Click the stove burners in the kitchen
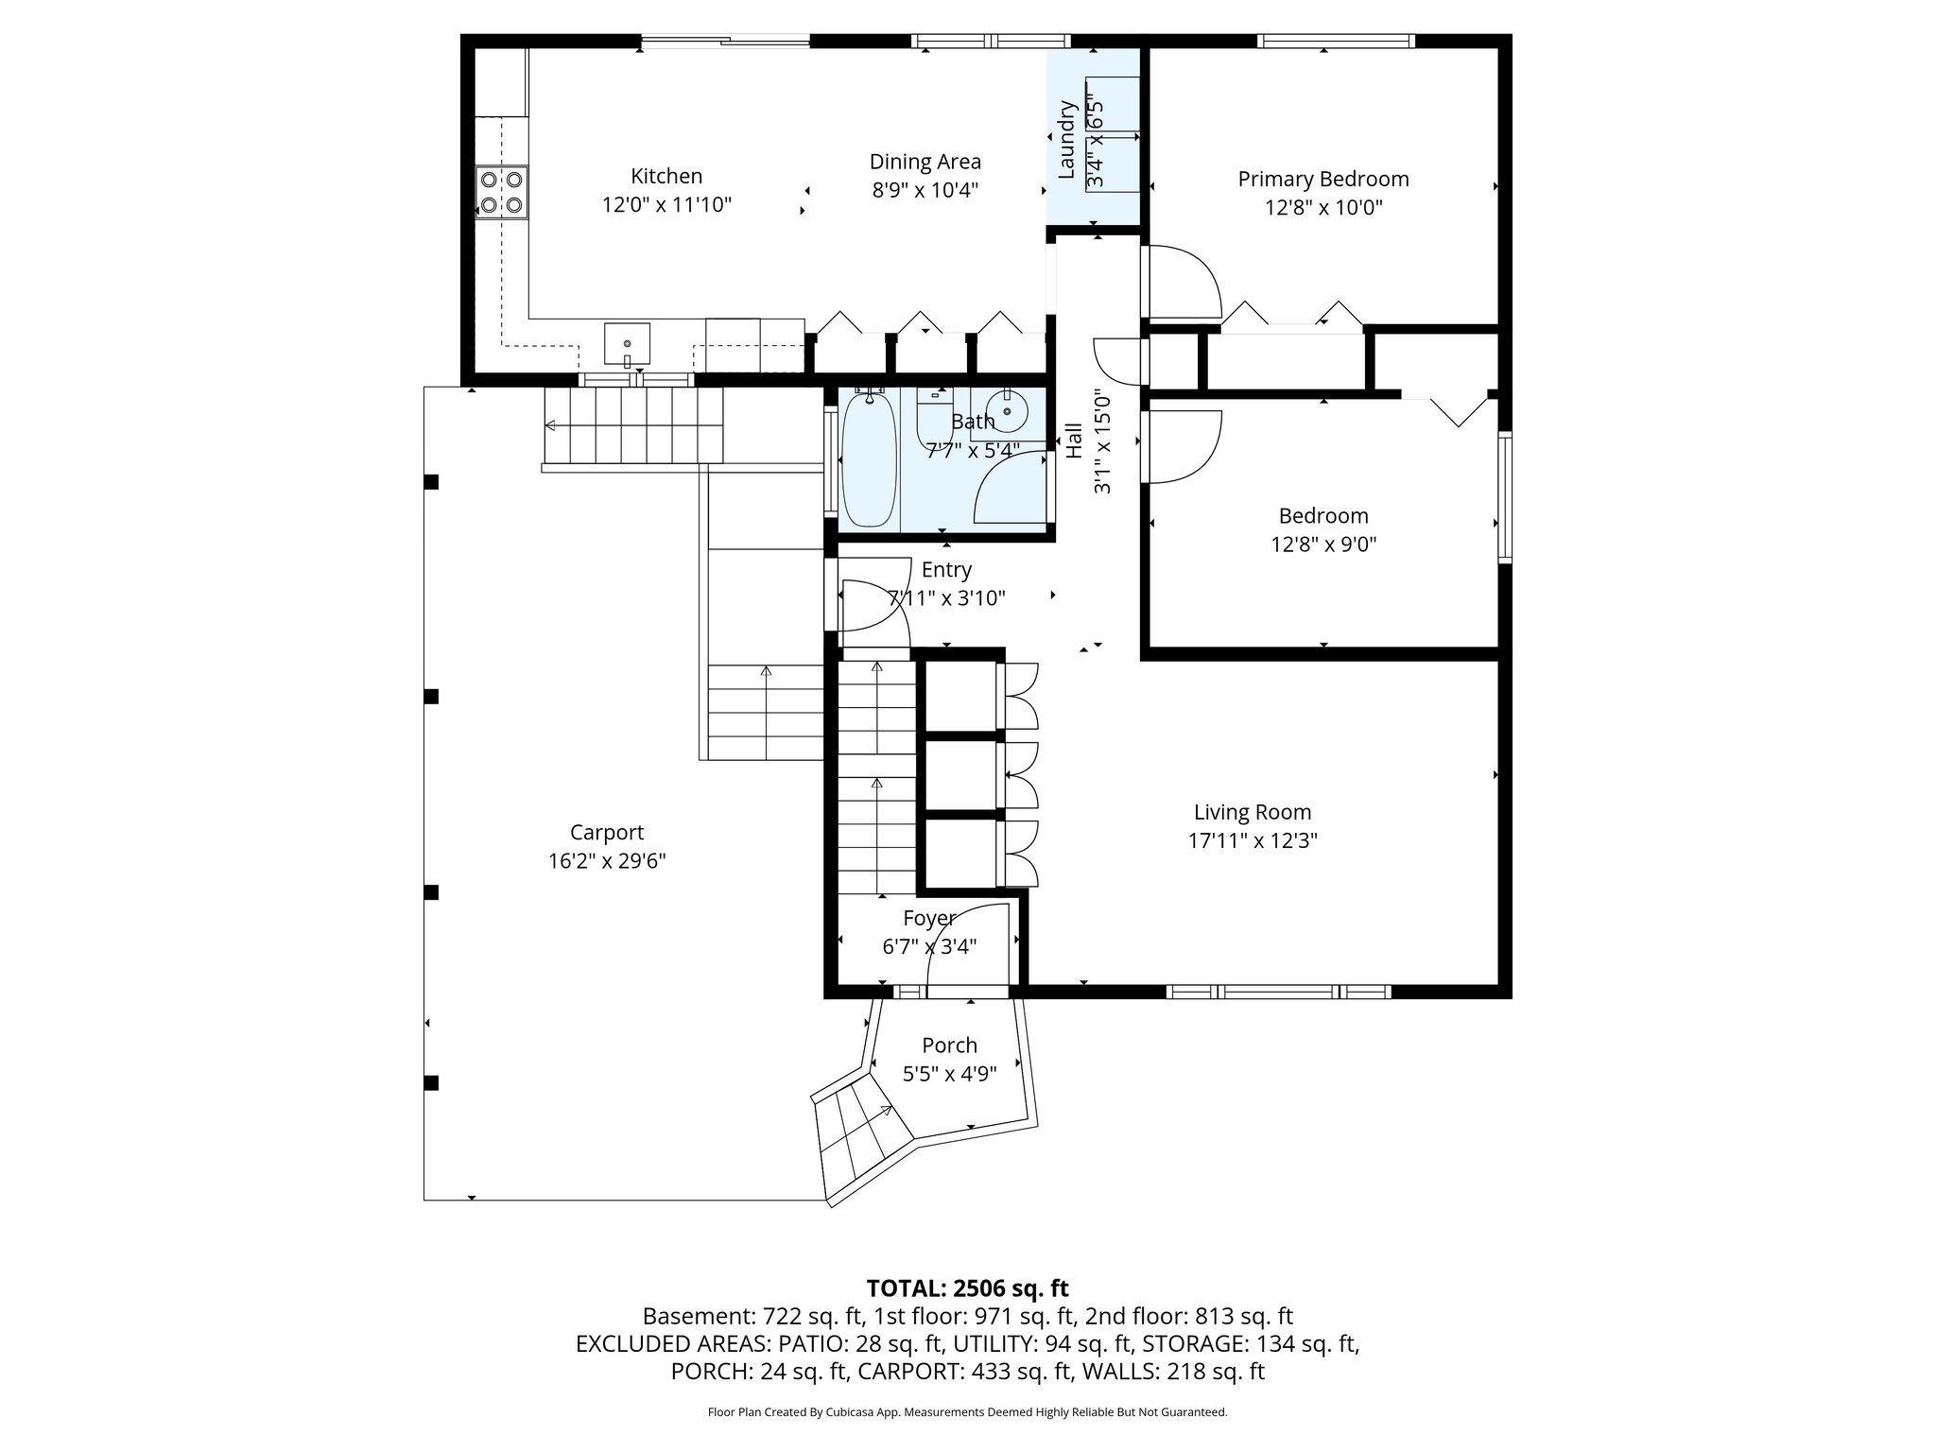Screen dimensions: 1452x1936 pyautogui.click(x=501, y=192)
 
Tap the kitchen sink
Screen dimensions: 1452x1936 pyautogui.click(x=627, y=344)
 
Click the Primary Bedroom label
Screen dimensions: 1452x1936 pyautogui.click(x=1322, y=179)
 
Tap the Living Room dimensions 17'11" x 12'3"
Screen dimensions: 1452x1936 pyautogui.click(x=1253, y=840)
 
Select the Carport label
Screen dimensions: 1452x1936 pyautogui.click(x=606, y=833)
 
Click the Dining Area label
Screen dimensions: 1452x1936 pyautogui.click(x=925, y=162)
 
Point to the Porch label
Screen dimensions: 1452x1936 pyautogui.click(x=949, y=1046)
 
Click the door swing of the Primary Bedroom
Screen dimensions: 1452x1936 pyautogui.click(x=1182, y=282)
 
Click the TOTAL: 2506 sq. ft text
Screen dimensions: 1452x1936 pyautogui.click(x=967, y=1288)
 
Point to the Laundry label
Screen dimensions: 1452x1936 pyautogui.click(x=1066, y=139)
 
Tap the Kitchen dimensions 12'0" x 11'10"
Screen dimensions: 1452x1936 pyautogui.click(x=666, y=205)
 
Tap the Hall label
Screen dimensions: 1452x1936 pyautogui.click(x=1074, y=441)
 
